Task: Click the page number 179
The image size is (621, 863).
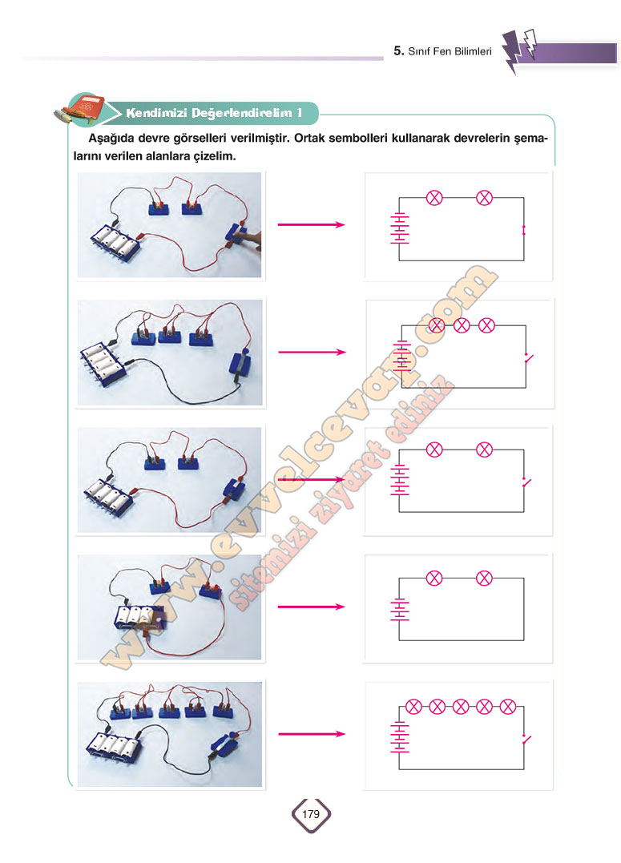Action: pos(311,813)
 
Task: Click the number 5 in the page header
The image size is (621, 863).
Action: pos(398,50)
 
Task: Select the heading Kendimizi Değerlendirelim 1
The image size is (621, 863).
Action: pos(214,113)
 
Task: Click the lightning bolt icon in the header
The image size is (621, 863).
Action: pos(518,50)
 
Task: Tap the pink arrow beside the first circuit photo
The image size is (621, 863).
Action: pos(311,224)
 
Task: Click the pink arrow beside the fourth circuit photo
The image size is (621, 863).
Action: pos(311,607)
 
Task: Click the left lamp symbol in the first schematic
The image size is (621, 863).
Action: pos(434,198)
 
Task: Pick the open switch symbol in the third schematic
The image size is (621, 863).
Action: pos(526,482)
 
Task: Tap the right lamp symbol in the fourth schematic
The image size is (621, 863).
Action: pos(484,578)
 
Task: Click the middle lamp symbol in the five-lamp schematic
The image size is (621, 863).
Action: pos(461,706)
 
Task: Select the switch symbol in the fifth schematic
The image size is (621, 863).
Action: pos(526,739)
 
